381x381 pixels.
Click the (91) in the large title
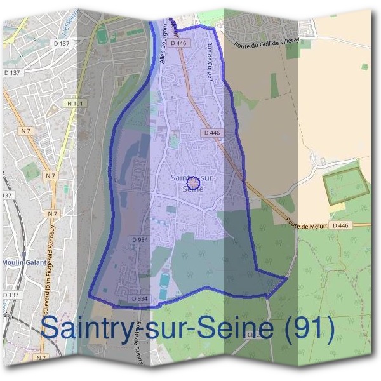(302, 328)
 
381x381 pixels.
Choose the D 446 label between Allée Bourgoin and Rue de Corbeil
(179, 43)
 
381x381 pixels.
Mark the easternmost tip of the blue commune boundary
(288, 277)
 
